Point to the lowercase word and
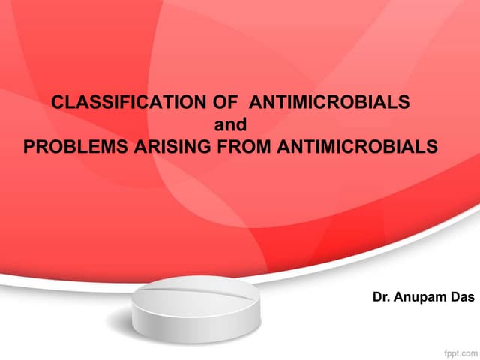coord(230,124)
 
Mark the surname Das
coord(462,297)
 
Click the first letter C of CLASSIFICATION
coord(55,103)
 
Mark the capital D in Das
coord(453,297)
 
